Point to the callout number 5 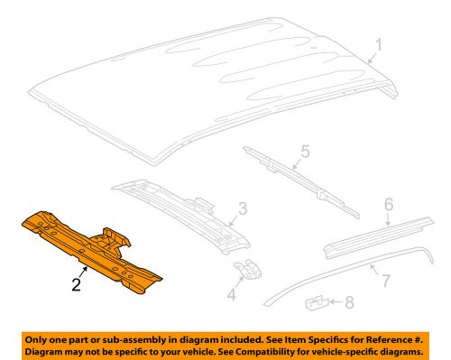click(305, 152)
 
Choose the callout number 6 click(389, 205)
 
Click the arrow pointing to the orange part click(84, 267)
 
